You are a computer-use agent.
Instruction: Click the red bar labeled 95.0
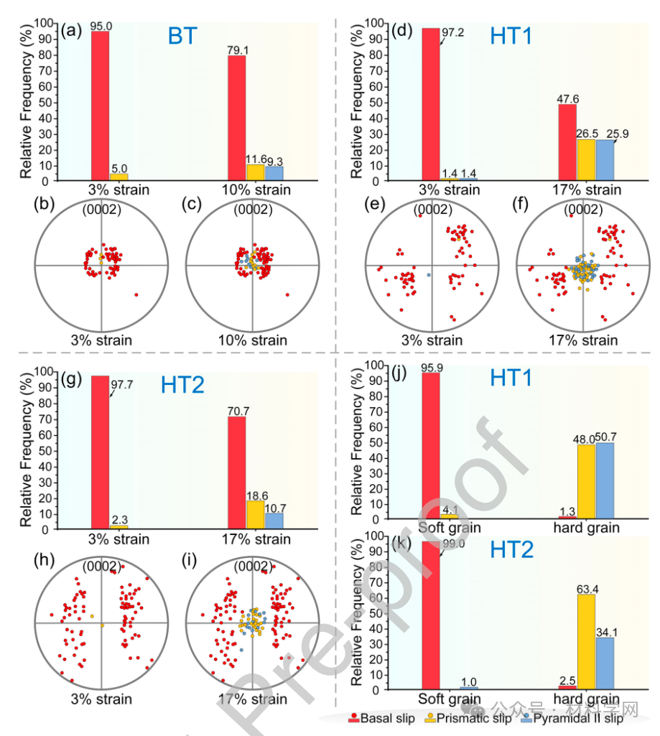[101, 105]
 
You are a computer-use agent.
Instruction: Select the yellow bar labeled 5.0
[118, 175]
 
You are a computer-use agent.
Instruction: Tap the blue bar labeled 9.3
[274, 172]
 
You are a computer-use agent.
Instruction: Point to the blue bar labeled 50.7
[605, 480]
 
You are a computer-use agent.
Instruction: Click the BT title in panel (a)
[182, 36]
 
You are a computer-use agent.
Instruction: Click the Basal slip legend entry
[381, 718]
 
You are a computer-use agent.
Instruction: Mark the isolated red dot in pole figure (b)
[136, 295]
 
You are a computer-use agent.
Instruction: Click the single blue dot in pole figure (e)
[429, 275]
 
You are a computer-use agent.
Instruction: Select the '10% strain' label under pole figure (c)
[254, 340]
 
